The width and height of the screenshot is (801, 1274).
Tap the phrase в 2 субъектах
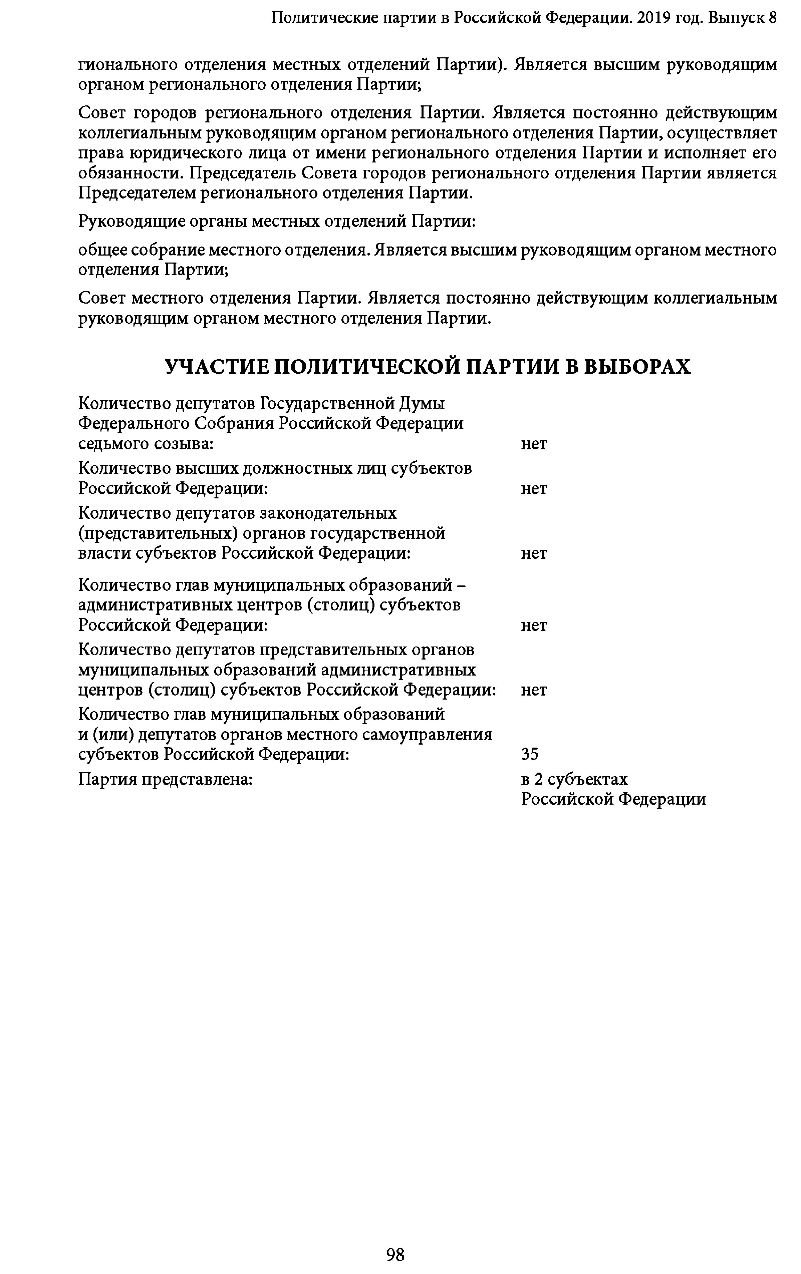click(574, 779)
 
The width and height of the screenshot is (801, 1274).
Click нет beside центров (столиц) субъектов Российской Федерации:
click(534, 690)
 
